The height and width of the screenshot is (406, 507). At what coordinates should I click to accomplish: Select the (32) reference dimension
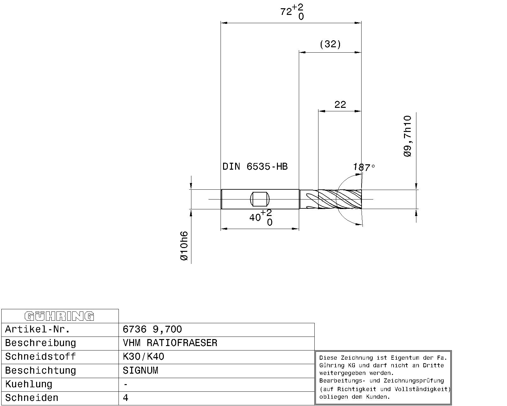[330, 44]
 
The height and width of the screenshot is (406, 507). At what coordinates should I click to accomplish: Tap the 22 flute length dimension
[340, 104]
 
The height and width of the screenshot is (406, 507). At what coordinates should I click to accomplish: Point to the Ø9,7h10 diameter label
[408, 136]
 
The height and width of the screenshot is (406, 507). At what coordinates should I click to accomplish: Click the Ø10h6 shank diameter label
[184, 246]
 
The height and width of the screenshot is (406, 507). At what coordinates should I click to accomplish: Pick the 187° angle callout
[364, 167]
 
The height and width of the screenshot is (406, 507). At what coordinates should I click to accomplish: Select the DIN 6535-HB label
[255, 167]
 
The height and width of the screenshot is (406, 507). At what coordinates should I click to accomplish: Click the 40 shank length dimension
[260, 218]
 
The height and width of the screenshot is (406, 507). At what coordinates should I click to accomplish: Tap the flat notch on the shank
[260, 199]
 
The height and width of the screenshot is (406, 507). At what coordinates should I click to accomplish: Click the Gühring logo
[59, 316]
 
